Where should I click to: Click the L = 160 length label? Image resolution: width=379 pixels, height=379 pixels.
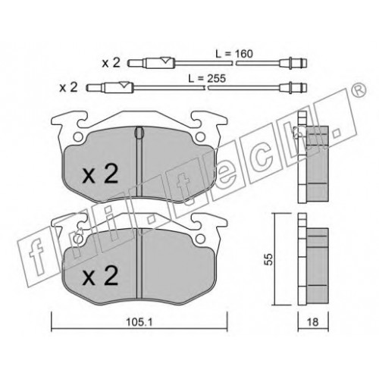pos(233,54)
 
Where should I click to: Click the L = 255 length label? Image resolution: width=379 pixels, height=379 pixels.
pos(207,79)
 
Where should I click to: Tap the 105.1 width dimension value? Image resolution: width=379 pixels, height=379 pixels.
pos(139,322)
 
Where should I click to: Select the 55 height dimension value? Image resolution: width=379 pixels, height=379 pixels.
pos(270,259)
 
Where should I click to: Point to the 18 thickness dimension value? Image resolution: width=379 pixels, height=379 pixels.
pos(313,322)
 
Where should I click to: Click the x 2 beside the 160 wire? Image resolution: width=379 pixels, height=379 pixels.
pos(111,63)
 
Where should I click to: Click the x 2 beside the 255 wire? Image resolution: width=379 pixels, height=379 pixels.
pos(68,87)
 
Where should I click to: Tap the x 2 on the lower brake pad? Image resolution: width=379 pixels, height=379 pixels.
pos(100,276)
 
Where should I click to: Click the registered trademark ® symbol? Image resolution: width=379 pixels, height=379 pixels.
pos(359,89)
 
